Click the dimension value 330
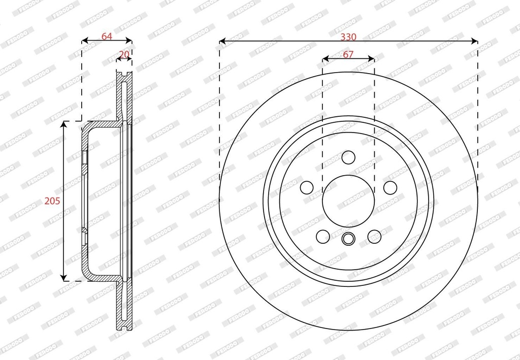pos(348,37)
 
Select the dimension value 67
pos(348,54)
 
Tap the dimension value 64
pos(107,37)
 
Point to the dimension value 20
pos(124,54)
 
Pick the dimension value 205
pos(52,201)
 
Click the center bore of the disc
pos(348,201)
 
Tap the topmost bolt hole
pos(348,157)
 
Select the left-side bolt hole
pos(307,188)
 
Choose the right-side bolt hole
pos(391,188)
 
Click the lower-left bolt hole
pos(323,236)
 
